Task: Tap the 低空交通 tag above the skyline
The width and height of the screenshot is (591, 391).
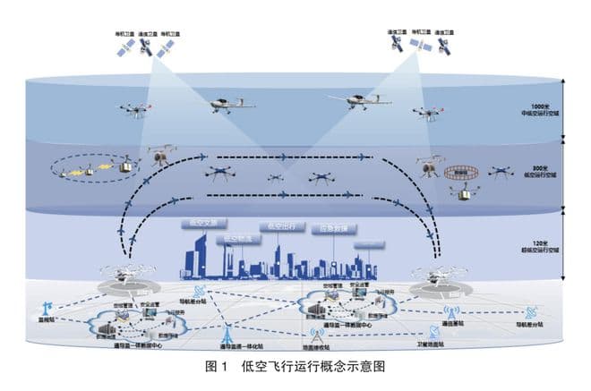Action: click(x=202, y=220)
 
